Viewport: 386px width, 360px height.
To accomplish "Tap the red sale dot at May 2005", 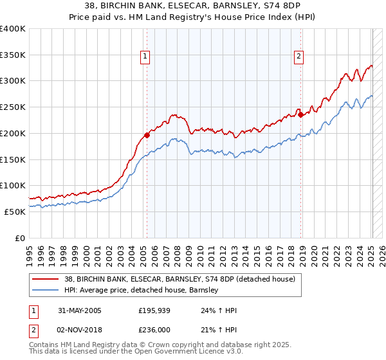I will (x=147, y=135).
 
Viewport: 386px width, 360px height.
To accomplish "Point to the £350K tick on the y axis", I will (x=13, y=55).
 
